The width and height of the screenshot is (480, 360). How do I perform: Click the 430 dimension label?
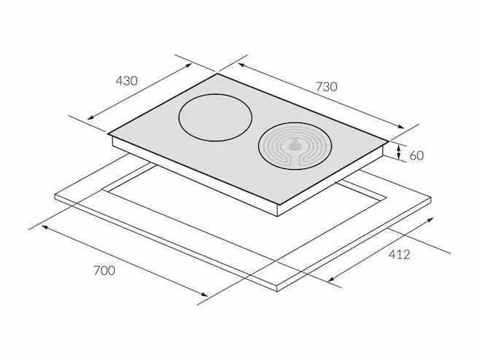[127, 81]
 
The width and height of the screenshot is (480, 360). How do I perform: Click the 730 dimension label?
[326, 87]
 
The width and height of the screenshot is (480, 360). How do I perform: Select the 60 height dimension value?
[417, 156]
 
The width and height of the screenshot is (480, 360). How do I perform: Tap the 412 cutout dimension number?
[399, 254]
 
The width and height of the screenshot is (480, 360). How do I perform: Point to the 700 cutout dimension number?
[104, 270]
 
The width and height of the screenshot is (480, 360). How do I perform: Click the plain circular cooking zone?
[215, 118]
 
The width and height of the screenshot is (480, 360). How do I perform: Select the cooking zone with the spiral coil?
[295, 146]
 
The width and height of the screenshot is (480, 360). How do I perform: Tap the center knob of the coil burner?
[295, 144]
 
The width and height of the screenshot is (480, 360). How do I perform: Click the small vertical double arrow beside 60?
[398, 152]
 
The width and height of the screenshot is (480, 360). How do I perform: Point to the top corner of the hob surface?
[217, 74]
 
